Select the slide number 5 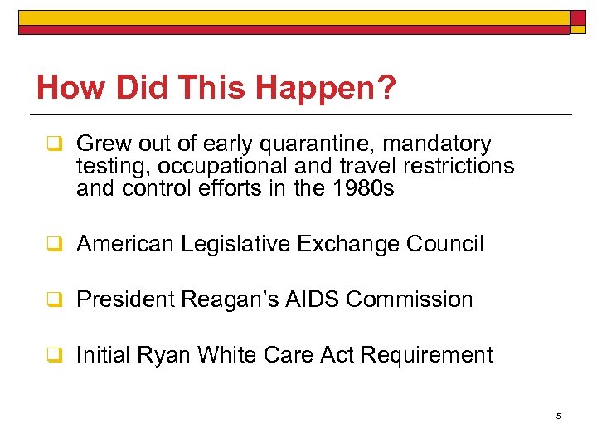coord(559,416)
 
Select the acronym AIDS coord(314,299)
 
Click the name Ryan coord(160,355)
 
